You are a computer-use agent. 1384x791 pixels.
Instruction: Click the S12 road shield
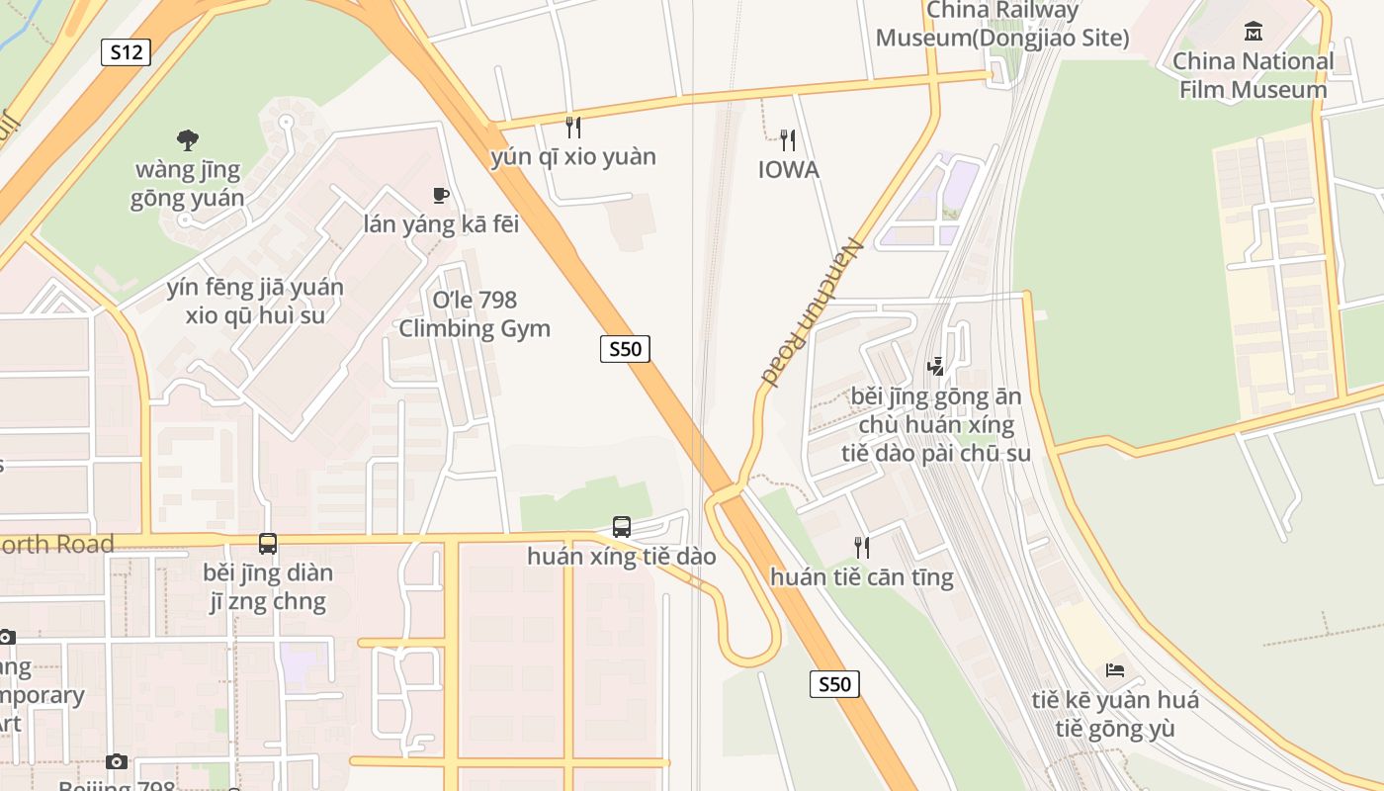[126, 52]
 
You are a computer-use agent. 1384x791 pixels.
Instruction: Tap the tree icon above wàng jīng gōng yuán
[187, 139]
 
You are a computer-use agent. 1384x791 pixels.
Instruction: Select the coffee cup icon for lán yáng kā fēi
[441, 196]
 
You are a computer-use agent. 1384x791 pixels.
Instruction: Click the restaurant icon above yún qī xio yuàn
[572, 127]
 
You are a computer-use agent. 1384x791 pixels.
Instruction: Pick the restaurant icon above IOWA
[788, 139]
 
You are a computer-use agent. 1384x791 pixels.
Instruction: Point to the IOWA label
[789, 170]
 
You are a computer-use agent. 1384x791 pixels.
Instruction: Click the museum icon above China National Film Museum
[1254, 32]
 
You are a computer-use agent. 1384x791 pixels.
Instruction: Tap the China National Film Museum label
[1253, 75]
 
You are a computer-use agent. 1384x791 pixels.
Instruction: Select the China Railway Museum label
[1002, 25]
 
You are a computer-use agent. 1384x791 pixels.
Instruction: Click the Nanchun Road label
[813, 312]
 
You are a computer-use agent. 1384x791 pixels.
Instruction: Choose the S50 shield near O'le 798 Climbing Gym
[625, 348]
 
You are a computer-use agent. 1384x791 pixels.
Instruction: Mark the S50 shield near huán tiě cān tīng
[834, 684]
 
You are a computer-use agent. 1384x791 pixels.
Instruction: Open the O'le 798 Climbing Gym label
[475, 314]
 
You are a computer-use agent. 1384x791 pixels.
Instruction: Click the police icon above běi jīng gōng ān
[935, 367]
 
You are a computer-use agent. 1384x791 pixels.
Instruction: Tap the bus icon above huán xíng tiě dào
[621, 527]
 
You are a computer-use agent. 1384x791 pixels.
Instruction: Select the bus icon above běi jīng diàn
[268, 543]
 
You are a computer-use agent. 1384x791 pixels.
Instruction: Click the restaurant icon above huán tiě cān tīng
[862, 547]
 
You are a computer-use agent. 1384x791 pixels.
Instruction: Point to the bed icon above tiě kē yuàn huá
[1115, 670]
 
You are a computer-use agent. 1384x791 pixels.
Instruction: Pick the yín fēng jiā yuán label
[255, 302]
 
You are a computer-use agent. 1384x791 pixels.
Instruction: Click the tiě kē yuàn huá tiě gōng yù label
[1115, 715]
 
